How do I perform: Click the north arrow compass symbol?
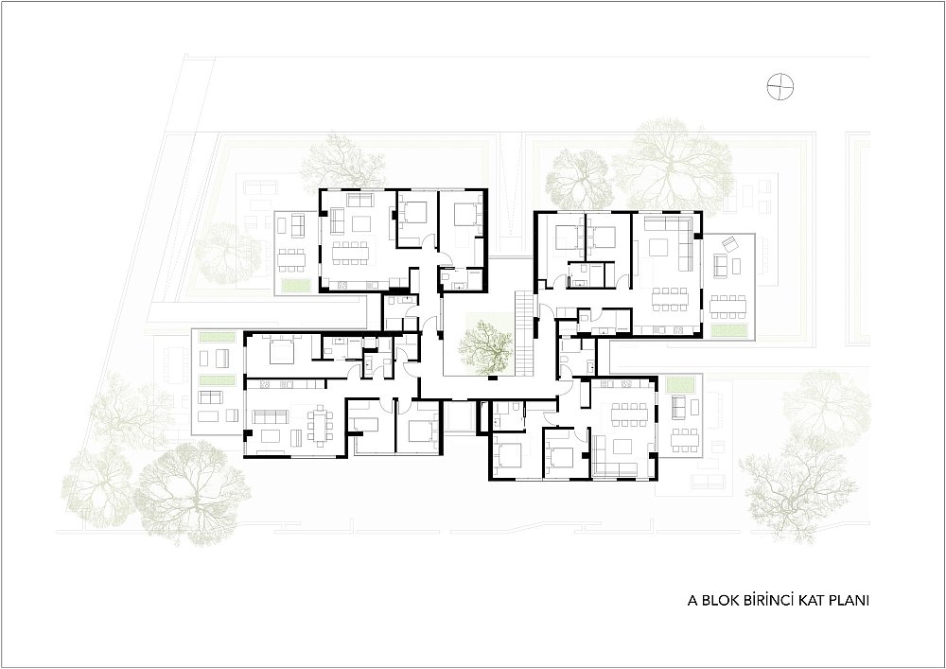[780, 86]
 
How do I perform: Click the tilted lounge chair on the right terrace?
[730, 243]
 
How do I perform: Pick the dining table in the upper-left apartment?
[350, 252]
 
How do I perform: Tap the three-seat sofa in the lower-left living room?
[270, 416]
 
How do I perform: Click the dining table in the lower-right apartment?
[628, 414]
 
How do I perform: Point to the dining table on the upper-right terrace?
[728, 306]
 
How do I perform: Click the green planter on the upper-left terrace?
[295, 286]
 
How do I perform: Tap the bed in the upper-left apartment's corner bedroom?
[466, 214]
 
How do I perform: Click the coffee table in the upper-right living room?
[658, 248]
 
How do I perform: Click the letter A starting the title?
[693, 601]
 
